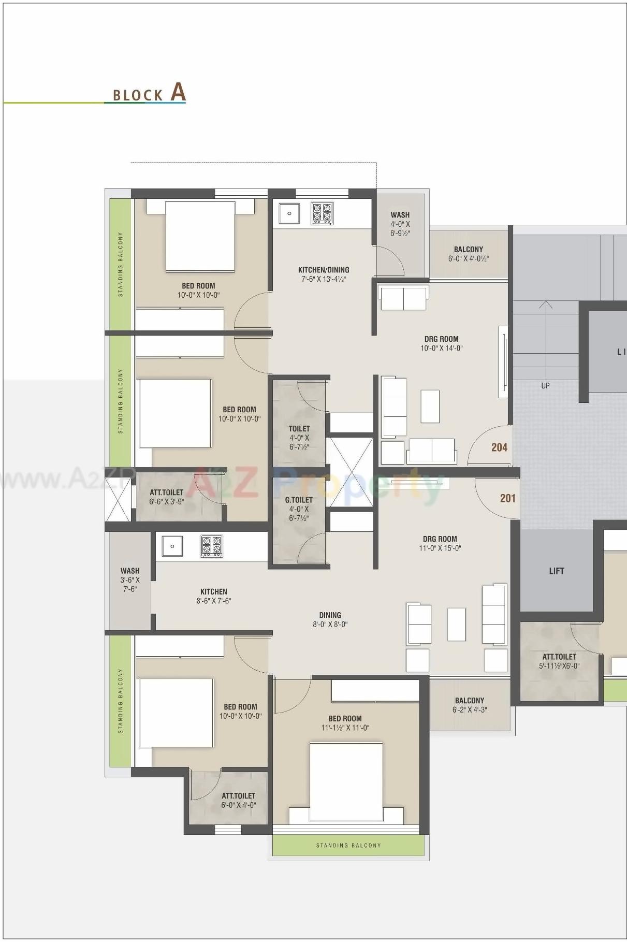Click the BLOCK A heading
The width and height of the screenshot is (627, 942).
click(x=149, y=94)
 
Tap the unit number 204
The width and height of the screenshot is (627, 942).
click(x=499, y=447)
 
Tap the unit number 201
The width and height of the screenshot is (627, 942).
click(x=507, y=498)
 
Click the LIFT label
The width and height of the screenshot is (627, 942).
click(x=557, y=571)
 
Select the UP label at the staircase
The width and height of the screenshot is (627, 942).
click(x=545, y=386)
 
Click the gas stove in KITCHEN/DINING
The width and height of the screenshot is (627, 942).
click(x=322, y=213)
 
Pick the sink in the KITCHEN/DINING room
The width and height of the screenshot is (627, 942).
click(x=289, y=213)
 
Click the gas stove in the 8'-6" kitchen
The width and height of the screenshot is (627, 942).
click(x=212, y=546)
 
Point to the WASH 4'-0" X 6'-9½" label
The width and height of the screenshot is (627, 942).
click(x=400, y=224)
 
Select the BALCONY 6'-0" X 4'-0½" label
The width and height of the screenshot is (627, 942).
click(x=469, y=254)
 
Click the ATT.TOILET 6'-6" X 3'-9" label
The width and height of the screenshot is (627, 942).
click(x=167, y=497)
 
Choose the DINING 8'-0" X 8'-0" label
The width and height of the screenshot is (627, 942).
click(x=330, y=619)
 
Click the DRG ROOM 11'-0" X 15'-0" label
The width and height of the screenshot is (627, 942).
click(x=440, y=543)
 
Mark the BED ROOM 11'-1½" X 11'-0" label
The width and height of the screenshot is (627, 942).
click(x=345, y=723)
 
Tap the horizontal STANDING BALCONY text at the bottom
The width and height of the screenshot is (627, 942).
click(x=348, y=845)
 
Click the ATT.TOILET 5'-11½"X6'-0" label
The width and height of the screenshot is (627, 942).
click(x=559, y=661)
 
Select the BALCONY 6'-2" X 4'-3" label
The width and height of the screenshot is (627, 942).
click(x=470, y=705)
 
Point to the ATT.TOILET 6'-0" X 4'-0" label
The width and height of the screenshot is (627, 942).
click(x=238, y=800)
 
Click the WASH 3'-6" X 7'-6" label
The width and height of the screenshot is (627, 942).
click(x=130, y=579)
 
